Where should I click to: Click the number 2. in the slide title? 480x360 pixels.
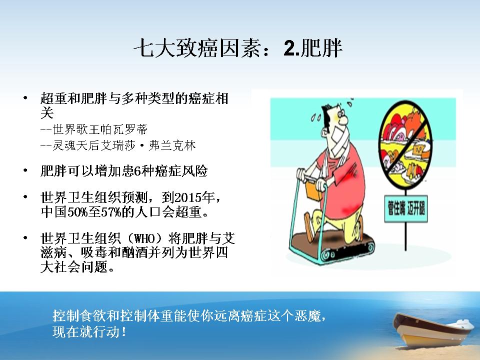tap(291, 48)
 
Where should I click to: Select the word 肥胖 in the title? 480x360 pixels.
tap(321, 48)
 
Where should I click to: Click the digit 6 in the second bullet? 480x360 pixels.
tap(137, 171)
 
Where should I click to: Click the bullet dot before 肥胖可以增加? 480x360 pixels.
tap(25, 170)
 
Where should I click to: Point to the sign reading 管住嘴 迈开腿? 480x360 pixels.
tap(406, 209)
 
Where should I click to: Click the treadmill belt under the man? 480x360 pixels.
tap(332, 248)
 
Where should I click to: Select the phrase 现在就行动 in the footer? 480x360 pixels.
tap(86, 332)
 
